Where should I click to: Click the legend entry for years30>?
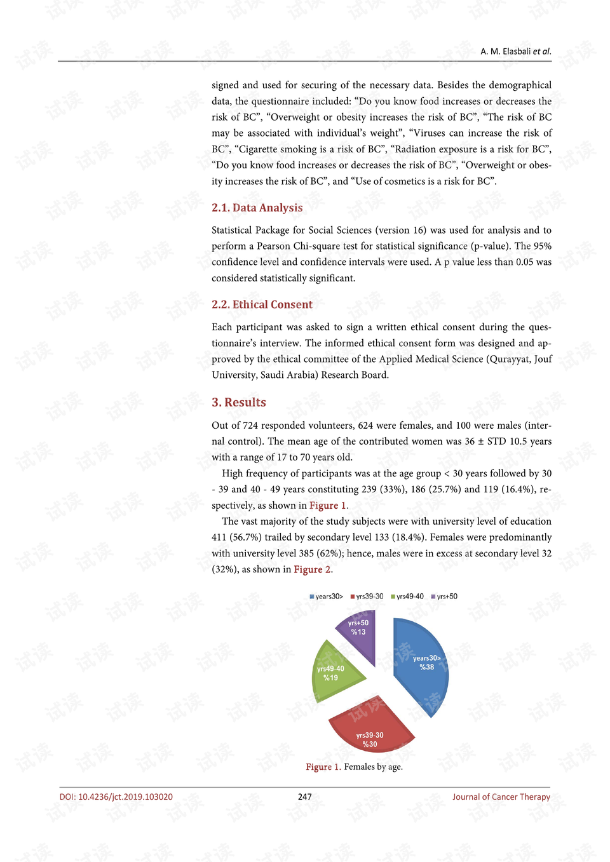[x=327, y=596]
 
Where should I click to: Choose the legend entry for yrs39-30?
[x=367, y=596]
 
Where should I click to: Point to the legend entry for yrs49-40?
[x=407, y=596]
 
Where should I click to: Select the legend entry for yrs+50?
[x=444, y=596]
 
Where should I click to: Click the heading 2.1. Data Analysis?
[x=257, y=208]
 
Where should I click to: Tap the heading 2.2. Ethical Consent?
[x=262, y=304]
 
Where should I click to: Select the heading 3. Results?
[x=238, y=402]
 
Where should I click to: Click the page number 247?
[x=305, y=797]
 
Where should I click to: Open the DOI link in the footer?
[x=116, y=797]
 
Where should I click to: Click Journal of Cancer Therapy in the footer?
[x=501, y=797]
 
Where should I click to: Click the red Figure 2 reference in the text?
[x=312, y=569]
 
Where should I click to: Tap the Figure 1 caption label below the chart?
[x=323, y=767]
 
